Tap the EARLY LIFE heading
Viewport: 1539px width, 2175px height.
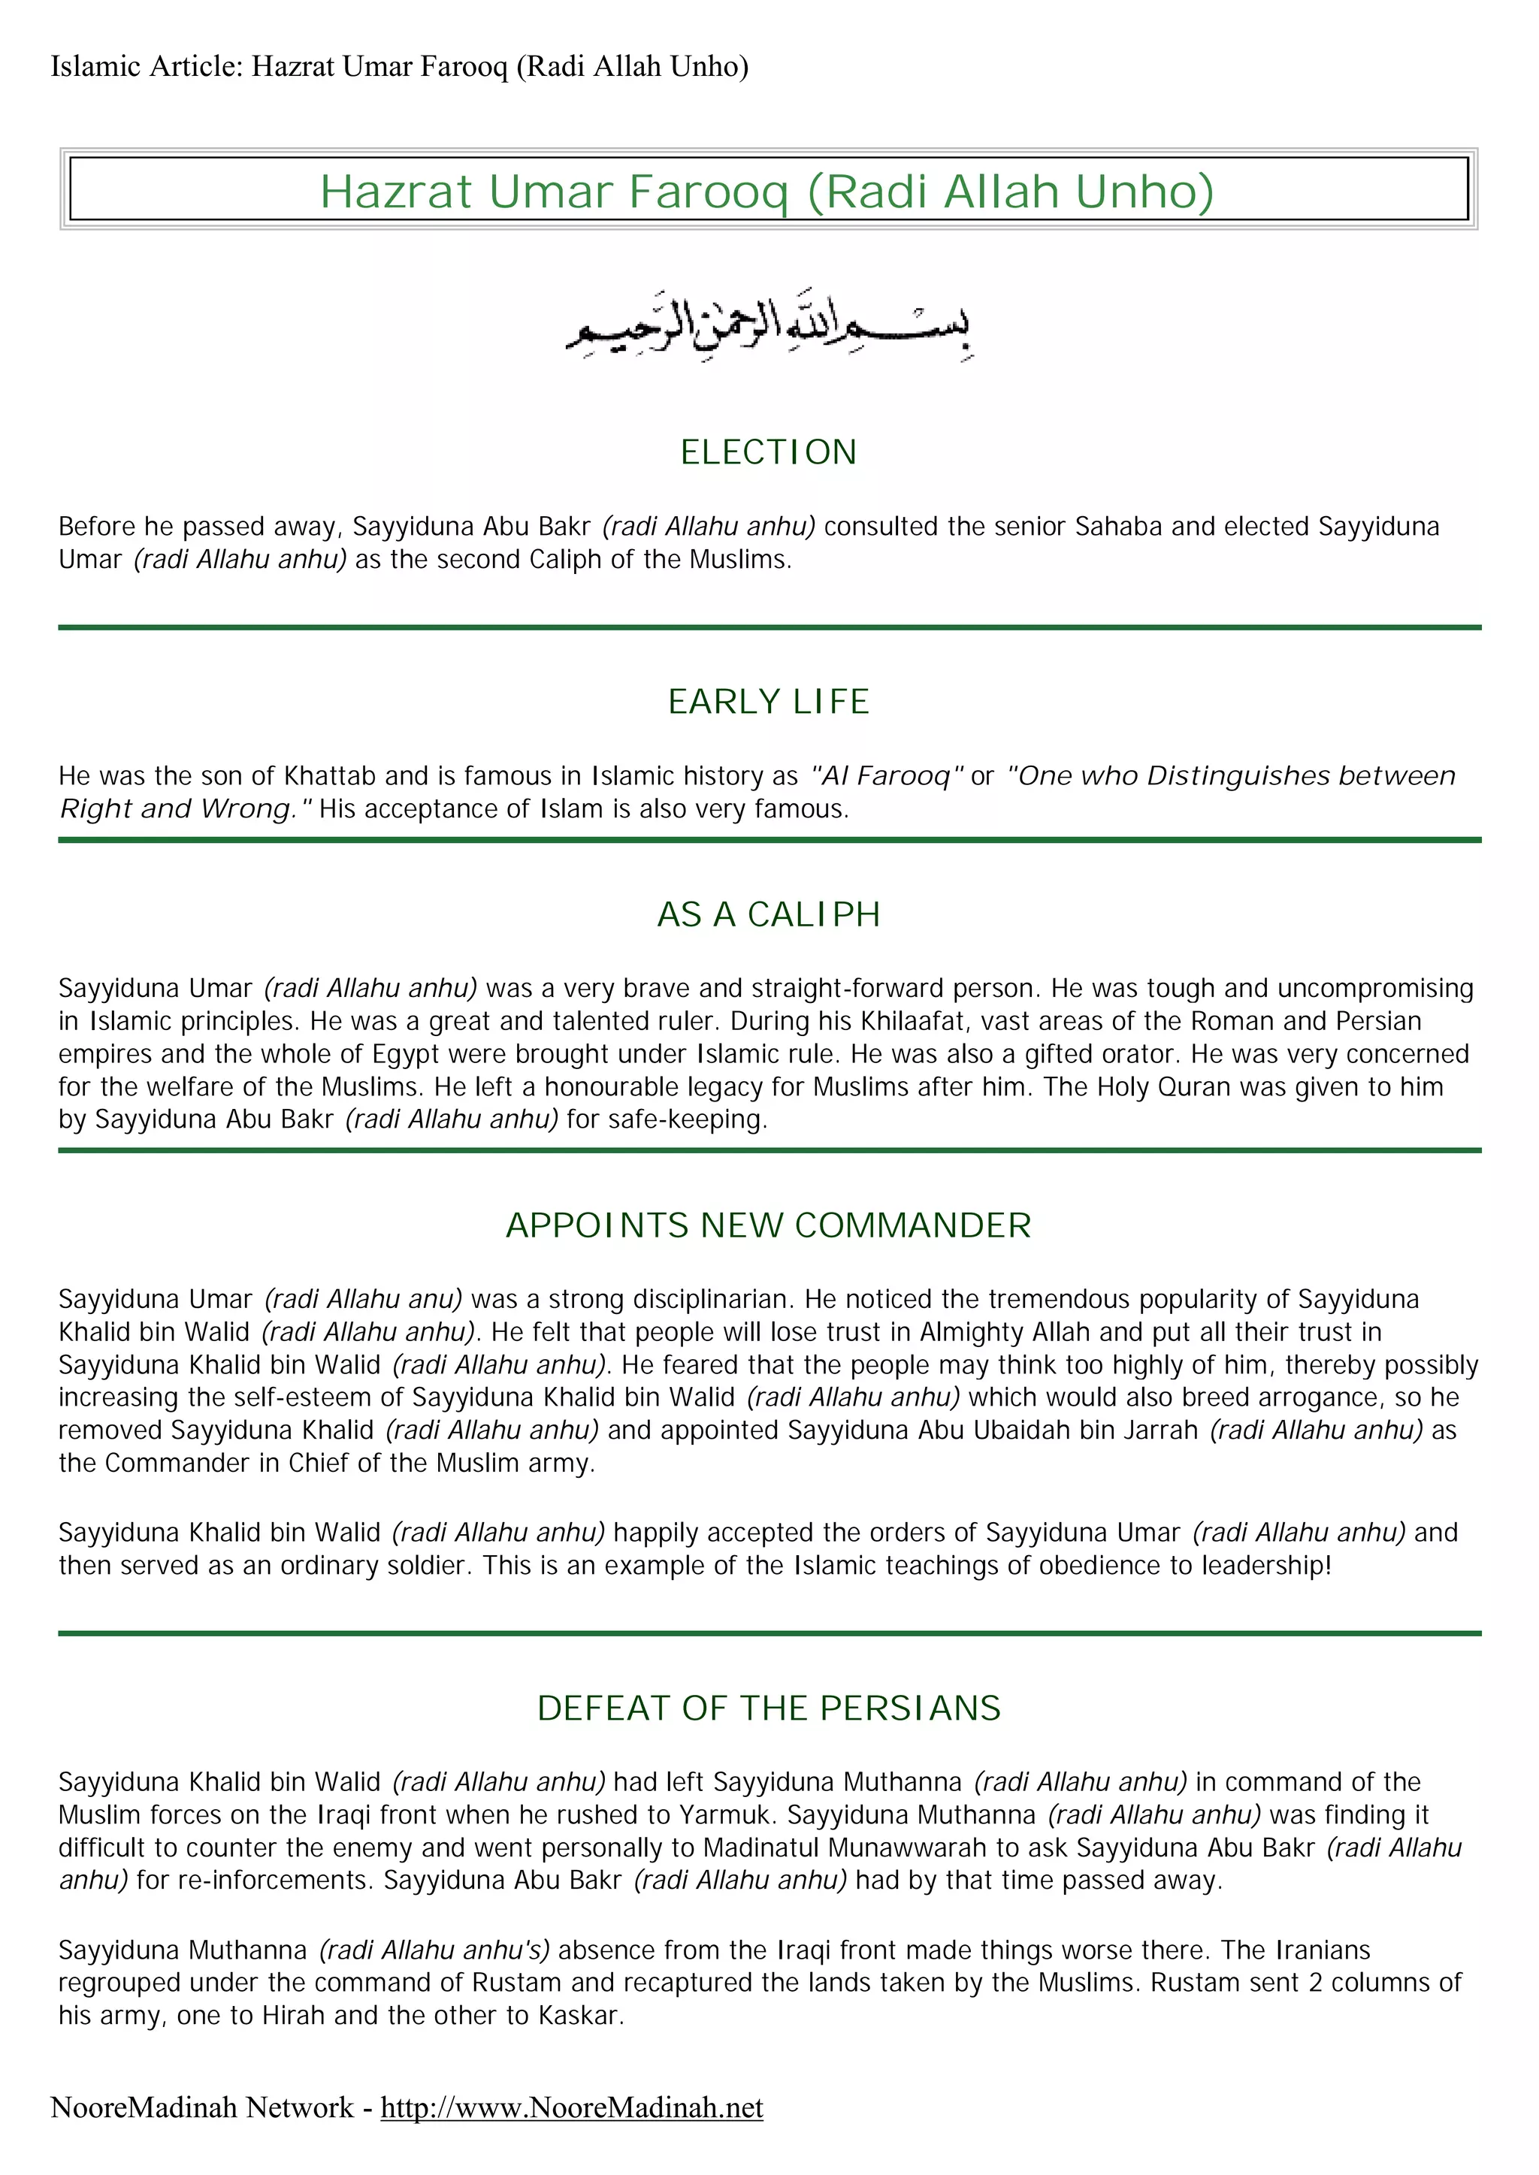(x=769, y=702)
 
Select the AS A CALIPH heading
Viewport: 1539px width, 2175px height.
(x=769, y=914)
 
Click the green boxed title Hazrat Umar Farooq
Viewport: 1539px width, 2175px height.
(x=766, y=192)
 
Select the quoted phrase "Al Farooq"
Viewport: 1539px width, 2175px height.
(x=887, y=776)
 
